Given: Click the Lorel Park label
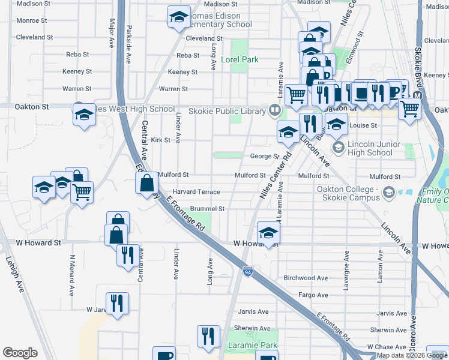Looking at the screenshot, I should tap(240, 60).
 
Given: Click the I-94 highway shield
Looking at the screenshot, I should tap(247, 272).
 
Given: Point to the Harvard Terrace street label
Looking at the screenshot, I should tap(196, 192).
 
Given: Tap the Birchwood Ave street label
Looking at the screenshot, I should tap(306, 278).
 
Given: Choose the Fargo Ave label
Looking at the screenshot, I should tap(313, 295).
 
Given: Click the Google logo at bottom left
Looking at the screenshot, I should tap(20, 353).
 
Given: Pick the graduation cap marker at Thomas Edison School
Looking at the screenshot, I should tap(178, 19).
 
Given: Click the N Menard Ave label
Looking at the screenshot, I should tap(71, 279).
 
